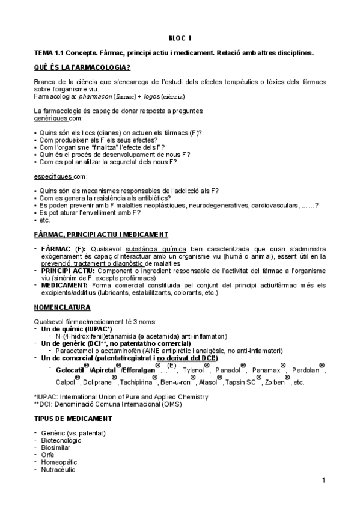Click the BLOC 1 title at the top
pyautogui.click(x=180, y=38)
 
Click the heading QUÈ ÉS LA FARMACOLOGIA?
pyautogui.click(x=83, y=67)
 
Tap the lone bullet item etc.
pyautogui.click(x=44, y=220)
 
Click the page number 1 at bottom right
pyautogui.click(x=323, y=480)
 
